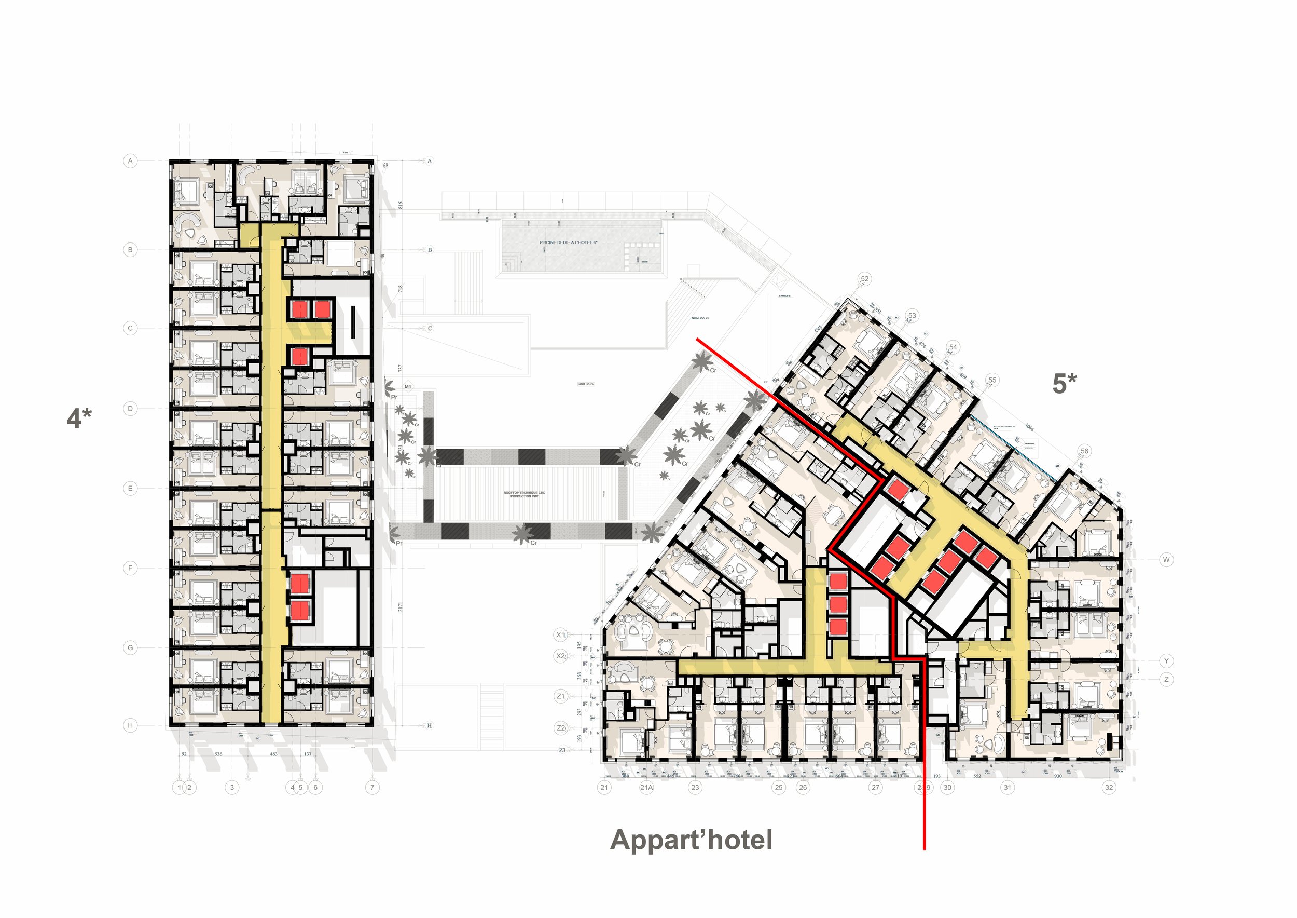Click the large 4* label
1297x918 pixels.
click(79, 419)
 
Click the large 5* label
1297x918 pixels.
click(1064, 384)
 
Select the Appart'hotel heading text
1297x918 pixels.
click(691, 840)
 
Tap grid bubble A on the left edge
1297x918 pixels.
click(130, 161)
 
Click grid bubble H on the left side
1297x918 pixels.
click(130, 725)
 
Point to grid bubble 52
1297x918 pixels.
click(864, 279)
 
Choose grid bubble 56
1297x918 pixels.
click(1084, 451)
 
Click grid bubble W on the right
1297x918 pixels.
click(1166, 560)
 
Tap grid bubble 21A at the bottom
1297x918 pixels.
click(646, 788)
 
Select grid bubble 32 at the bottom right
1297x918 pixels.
click(1109, 788)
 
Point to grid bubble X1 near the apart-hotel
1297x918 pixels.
click(560, 635)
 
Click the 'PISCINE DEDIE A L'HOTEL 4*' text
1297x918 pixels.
click(568, 242)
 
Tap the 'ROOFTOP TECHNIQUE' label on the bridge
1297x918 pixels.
click(524, 494)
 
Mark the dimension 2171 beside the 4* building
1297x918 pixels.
click(401, 606)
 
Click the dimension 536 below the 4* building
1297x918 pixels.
click(218, 754)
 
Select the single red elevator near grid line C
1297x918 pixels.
click(299, 356)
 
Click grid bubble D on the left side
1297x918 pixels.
click(130, 408)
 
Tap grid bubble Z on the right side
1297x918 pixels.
click(1166, 680)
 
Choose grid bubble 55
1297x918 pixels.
click(992, 381)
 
